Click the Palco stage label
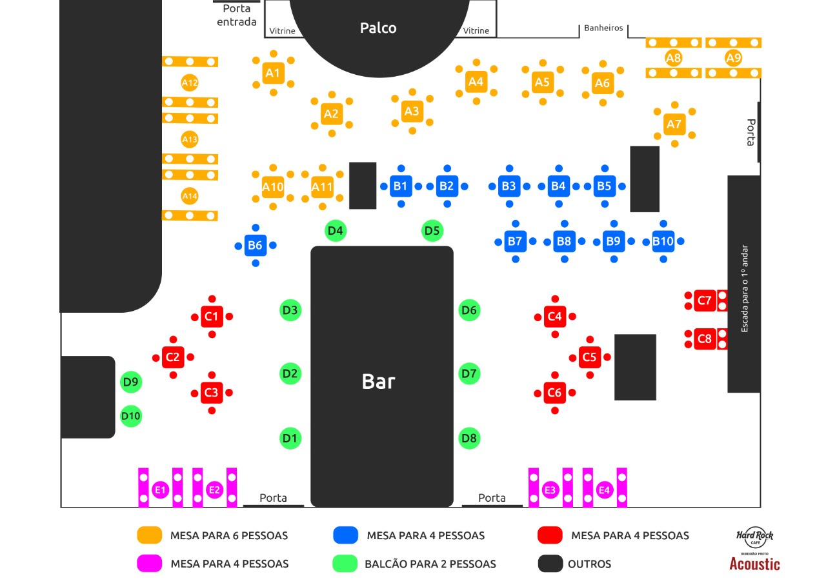click(x=378, y=28)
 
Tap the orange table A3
click(x=412, y=112)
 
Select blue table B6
click(x=256, y=245)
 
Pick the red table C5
click(x=589, y=357)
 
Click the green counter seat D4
click(x=336, y=230)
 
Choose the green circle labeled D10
click(x=131, y=416)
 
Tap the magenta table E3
click(x=550, y=490)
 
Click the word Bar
click(x=378, y=381)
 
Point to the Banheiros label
click(x=603, y=28)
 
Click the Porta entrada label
click(x=236, y=15)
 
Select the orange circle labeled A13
click(x=190, y=139)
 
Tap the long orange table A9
click(x=733, y=58)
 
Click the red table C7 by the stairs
click(x=705, y=301)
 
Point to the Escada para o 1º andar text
click(x=744, y=288)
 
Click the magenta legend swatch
click(x=148, y=564)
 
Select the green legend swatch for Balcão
click(x=345, y=564)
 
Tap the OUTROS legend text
click(x=589, y=564)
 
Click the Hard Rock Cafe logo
click(x=755, y=537)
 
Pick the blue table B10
click(x=663, y=242)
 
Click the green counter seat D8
click(x=469, y=439)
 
